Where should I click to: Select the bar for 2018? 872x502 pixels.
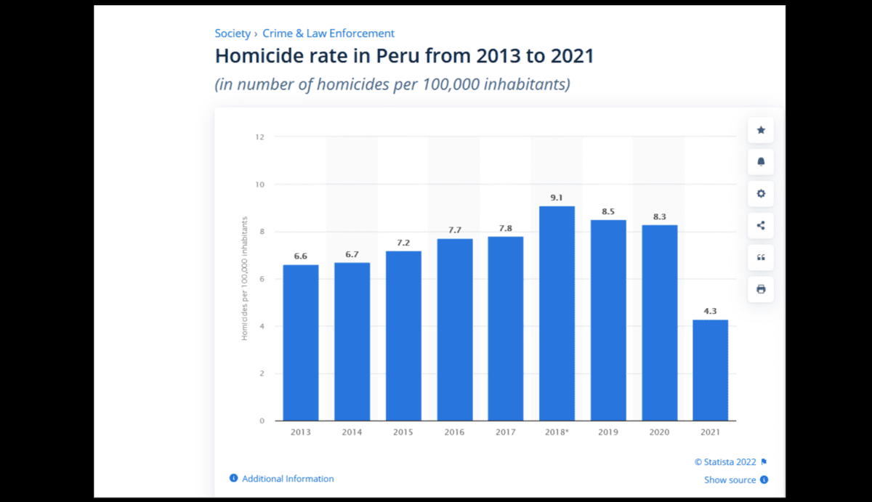[557, 313]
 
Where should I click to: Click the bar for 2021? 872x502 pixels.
[710, 370]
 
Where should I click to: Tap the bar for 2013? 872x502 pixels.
[301, 342]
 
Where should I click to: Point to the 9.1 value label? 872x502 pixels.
[557, 198]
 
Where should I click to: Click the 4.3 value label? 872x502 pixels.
[710, 311]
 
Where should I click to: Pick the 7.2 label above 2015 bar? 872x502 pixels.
[403, 243]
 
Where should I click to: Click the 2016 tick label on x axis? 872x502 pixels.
[454, 432]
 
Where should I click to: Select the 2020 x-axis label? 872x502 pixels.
[659, 432]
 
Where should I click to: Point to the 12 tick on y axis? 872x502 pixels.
[259, 137]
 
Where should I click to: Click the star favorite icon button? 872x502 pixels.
[761, 130]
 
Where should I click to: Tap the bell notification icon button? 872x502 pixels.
[761, 162]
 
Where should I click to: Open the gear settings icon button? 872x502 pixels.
[761, 194]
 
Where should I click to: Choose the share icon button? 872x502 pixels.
[761, 225]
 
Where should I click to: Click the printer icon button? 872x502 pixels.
[761, 289]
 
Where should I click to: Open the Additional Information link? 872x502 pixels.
[288, 479]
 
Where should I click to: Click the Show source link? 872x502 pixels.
[730, 479]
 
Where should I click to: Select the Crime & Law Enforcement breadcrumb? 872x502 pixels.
[328, 33]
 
